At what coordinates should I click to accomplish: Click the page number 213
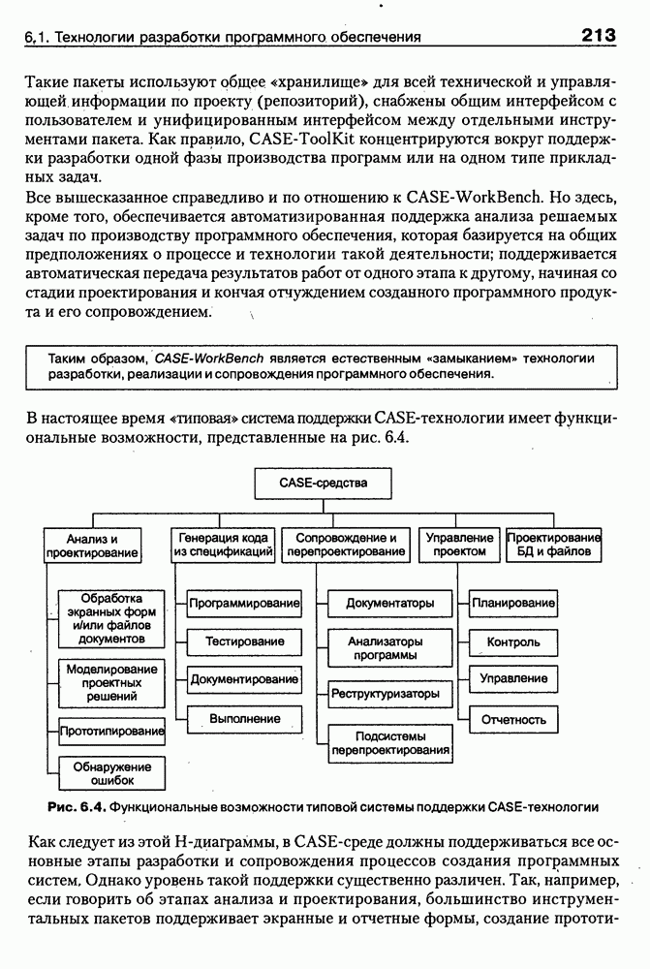(600, 36)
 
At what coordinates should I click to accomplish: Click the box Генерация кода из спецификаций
(223, 545)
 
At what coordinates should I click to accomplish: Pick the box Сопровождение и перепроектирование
(347, 545)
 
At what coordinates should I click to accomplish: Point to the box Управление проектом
(459, 545)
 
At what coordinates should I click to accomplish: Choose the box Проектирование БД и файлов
(554, 545)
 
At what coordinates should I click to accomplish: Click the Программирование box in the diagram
(244, 603)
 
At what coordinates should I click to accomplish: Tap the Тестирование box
(244, 641)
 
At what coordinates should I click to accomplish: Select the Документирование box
(244, 679)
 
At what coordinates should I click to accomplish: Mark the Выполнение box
(244, 718)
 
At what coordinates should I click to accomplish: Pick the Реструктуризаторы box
(386, 693)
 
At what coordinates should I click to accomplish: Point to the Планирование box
(513, 603)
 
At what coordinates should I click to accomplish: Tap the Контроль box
(513, 641)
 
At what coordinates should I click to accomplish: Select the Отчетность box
(513, 719)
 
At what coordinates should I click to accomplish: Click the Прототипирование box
(111, 731)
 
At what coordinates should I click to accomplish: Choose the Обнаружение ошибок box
(111, 773)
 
